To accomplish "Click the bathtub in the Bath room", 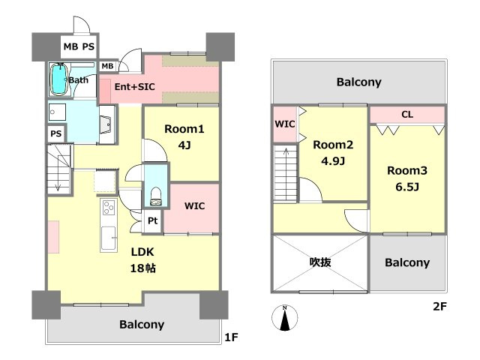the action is tap(58, 79).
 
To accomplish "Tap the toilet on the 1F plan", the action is tap(156, 196).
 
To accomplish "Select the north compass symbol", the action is tap(285, 318).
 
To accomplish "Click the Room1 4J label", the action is tap(184, 136).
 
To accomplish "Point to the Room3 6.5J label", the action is tap(407, 178).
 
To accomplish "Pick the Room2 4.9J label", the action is tap(333, 152).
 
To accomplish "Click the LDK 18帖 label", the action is tap(142, 260).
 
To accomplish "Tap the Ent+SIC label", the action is tap(135, 87).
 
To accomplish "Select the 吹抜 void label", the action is tap(320, 262).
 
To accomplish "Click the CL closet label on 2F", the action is tap(407, 115).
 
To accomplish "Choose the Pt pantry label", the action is tap(153, 220).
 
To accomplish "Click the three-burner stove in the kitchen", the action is tap(109, 207).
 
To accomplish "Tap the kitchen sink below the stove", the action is tap(109, 238).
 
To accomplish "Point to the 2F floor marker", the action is tap(440, 306).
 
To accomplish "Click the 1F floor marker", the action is tap(232, 337).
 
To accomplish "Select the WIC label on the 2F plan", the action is tap(285, 124).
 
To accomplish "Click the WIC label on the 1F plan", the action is tap(195, 205).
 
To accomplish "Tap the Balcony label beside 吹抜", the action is tap(407, 262).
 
